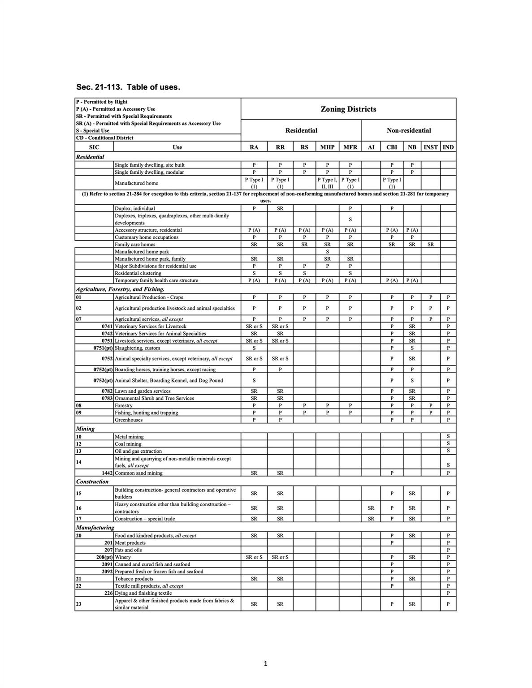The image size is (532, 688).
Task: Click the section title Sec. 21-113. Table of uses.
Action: point(128,87)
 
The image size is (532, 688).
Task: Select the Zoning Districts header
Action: point(348,109)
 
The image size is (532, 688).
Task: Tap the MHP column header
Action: point(327,147)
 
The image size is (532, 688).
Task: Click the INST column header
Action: point(430,147)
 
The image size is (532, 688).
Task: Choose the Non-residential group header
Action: point(409,130)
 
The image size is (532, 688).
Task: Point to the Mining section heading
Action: point(85,429)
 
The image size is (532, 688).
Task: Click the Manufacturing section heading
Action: point(95,527)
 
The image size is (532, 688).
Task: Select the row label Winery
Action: point(123,557)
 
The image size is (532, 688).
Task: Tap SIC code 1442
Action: point(107,473)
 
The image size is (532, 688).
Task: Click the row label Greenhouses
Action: point(129,420)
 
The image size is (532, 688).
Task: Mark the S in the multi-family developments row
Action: point(350,219)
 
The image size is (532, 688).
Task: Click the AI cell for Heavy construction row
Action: point(371,508)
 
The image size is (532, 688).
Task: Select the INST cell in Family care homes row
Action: point(430,245)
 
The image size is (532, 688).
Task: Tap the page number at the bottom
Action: point(265,663)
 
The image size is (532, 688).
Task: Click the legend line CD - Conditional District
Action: point(104,138)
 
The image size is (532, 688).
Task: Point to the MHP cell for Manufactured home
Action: point(327,183)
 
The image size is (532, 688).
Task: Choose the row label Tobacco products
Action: point(134,579)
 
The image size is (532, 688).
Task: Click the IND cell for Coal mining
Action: point(448,444)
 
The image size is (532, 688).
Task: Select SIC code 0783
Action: point(107,398)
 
